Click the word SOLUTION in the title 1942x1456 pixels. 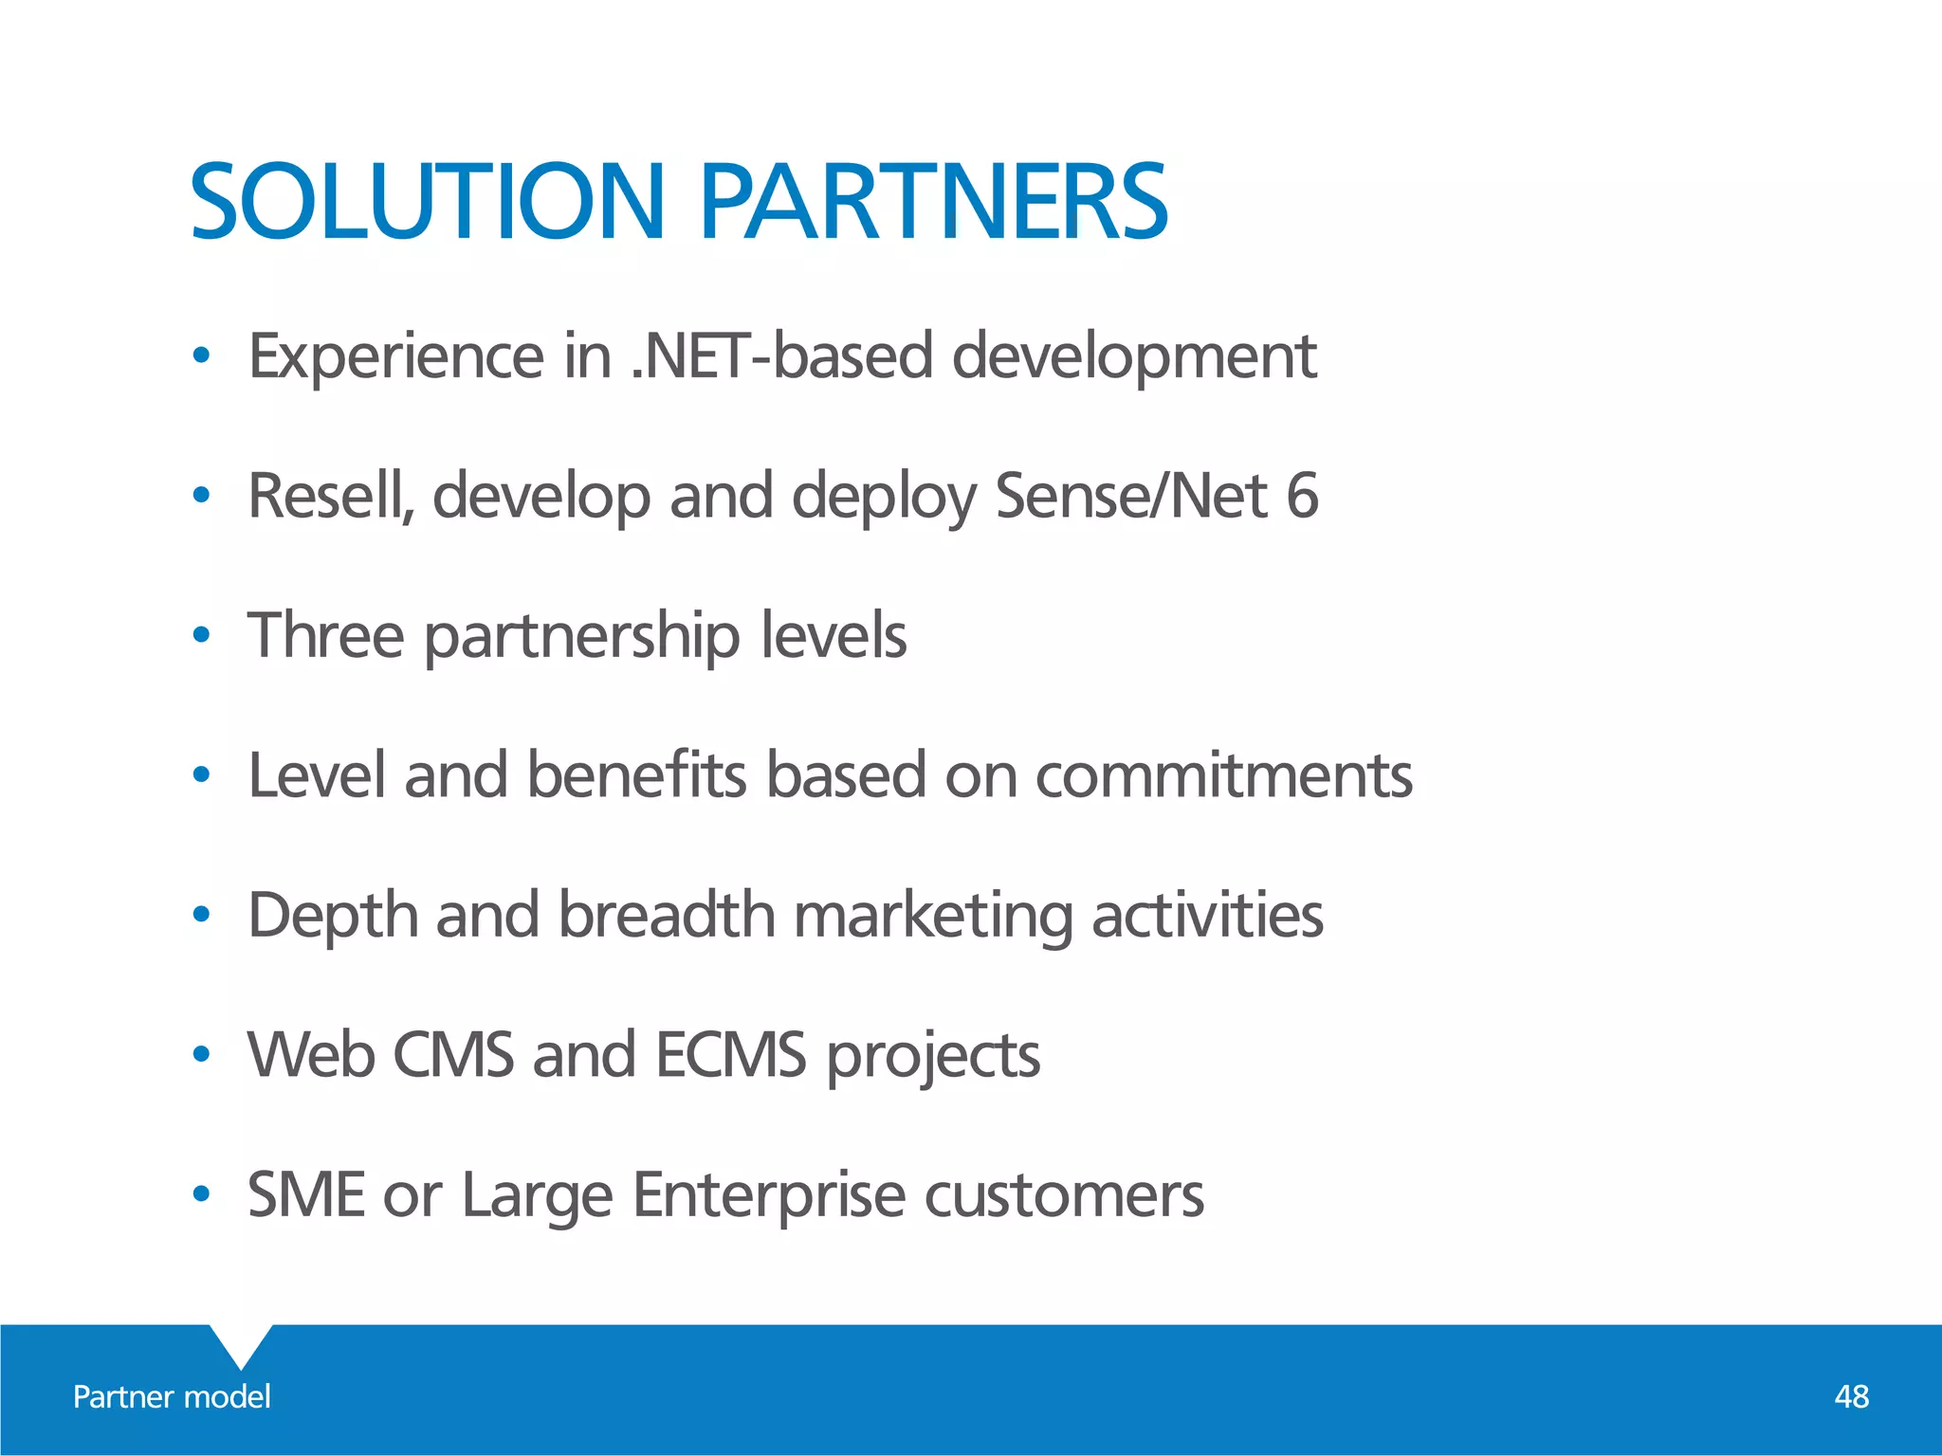[x=427, y=202]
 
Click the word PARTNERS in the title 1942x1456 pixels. [x=934, y=202]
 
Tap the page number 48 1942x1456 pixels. [x=1851, y=1396]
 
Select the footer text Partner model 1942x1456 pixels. [x=172, y=1396]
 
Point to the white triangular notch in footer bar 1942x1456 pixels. [x=241, y=1341]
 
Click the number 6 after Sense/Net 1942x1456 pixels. [x=1302, y=496]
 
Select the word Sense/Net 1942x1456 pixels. [x=1131, y=496]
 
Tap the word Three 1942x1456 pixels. [x=325, y=635]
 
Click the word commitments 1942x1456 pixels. [x=1223, y=776]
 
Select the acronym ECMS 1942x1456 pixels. [x=730, y=1054]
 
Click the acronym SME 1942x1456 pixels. [x=306, y=1194]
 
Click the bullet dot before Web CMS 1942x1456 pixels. [x=200, y=1055]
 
